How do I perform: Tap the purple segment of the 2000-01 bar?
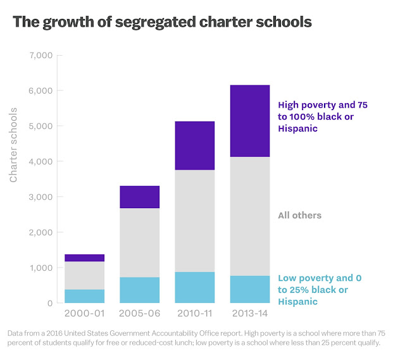pyautogui.click(x=84, y=258)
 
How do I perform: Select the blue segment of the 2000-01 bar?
pyautogui.click(x=84, y=296)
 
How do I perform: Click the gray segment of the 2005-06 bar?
pyautogui.click(x=139, y=242)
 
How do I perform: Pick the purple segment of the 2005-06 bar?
pyautogui.click(x=139, y=197)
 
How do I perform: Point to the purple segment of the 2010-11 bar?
pyautogui.click(x=194, y=146)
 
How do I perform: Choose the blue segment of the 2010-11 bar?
pyautogui.click(x=194, y=287)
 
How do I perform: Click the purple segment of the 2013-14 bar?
pyautogui.click(x=249, y=121)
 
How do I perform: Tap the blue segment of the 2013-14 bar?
pyautogui.click(x=249, y=289)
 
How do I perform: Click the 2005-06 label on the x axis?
pyautogui.click(x=139, y=314)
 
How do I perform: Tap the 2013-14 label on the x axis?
pyautogui.click(x=249, y=314)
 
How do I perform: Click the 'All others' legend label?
pyautogui.click(x=299, y=216)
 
